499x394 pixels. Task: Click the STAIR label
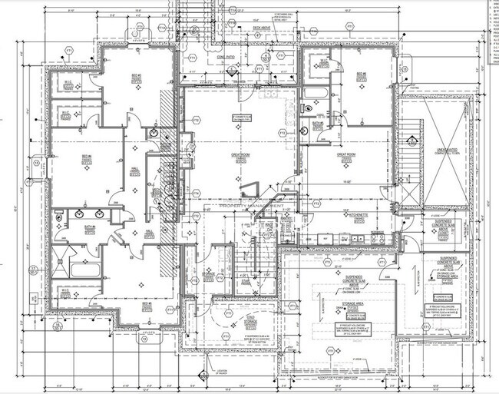[245, 282]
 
